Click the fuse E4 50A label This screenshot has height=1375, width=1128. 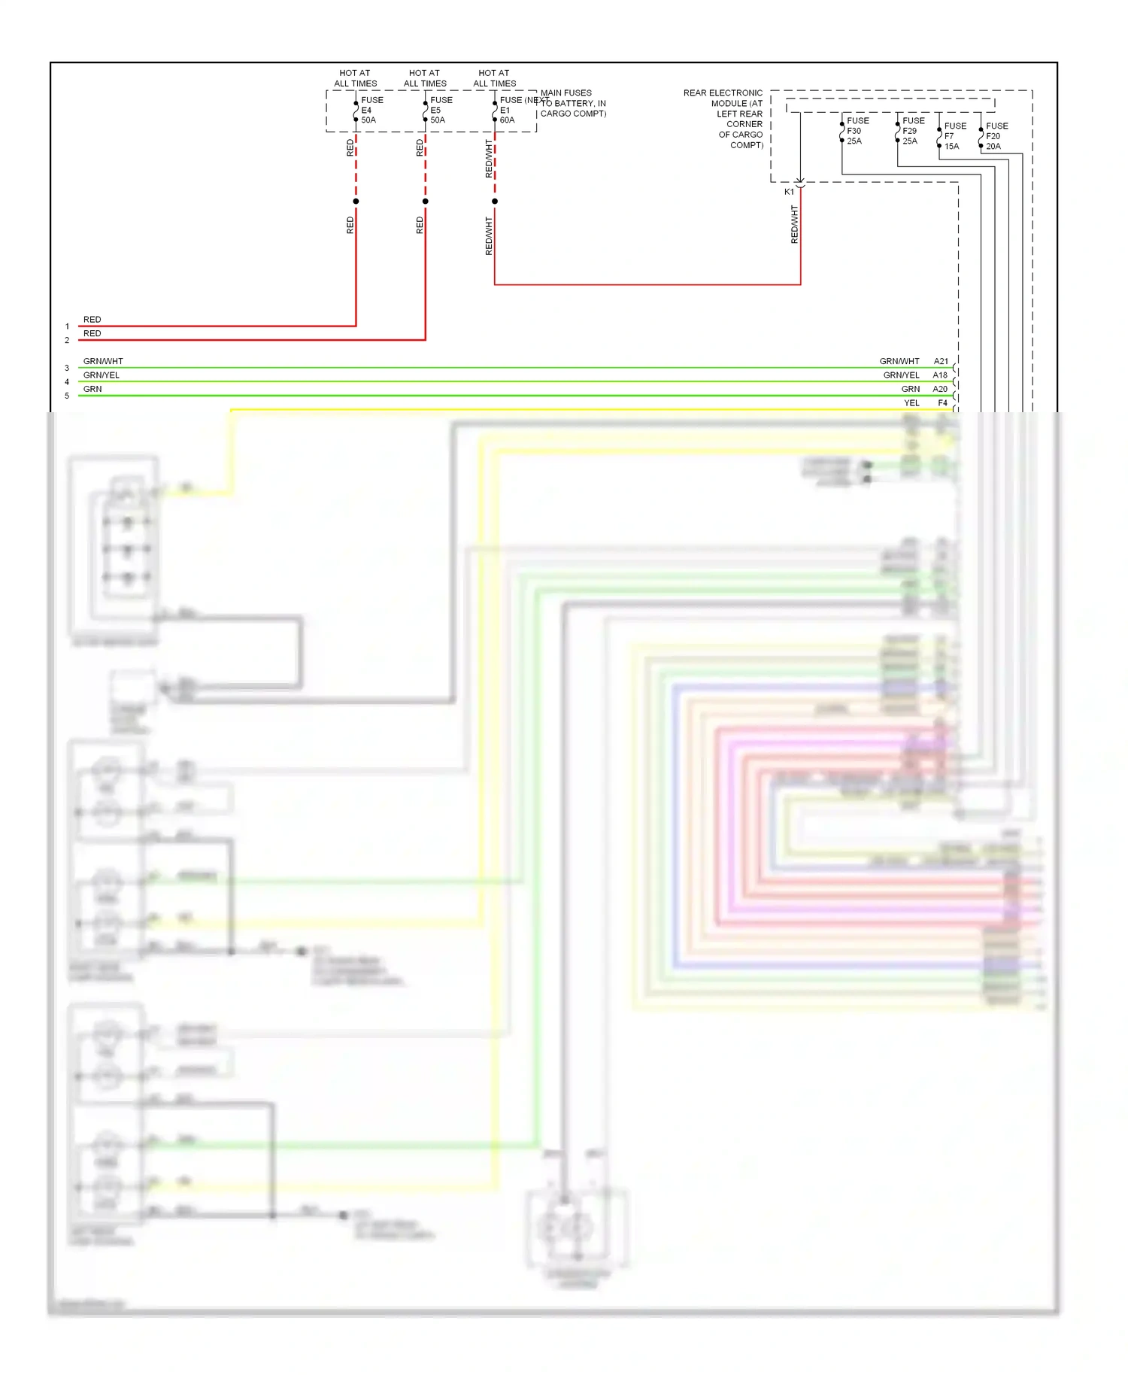tap(371, 110)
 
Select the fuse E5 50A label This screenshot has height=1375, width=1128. tap(441, 110)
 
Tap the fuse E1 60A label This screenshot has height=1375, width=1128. tap(509, 110)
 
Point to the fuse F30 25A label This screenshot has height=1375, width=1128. tap(857, 131)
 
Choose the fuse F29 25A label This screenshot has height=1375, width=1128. tap(912, 131)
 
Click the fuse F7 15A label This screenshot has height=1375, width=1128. tap(954, 136)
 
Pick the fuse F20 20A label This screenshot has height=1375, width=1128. tap(996, 136)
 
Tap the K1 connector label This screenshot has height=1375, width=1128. tap(789, 192)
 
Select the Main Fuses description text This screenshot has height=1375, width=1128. tap(573, 103)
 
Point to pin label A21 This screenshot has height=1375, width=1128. tap(941, 361)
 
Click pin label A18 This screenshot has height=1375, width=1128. tap(940, 375)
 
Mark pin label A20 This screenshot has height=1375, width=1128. tap(940, 389)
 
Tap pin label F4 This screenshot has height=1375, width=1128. tap(942, 403)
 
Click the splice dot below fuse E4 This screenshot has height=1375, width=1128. tap(356, 202)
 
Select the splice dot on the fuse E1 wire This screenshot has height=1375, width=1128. tap(495, 202)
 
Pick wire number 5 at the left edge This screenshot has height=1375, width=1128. tap(67, 396)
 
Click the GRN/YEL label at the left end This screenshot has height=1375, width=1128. tap(102, 375)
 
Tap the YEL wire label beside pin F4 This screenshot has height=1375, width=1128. tap(911, 403)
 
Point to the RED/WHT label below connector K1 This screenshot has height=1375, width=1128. tap(794, 224)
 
